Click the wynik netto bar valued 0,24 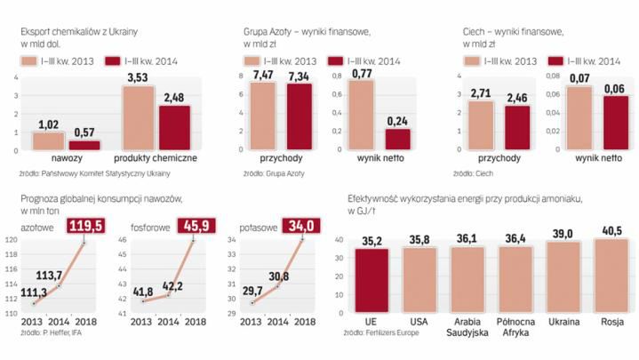[397, 140]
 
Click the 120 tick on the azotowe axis [11, 241]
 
